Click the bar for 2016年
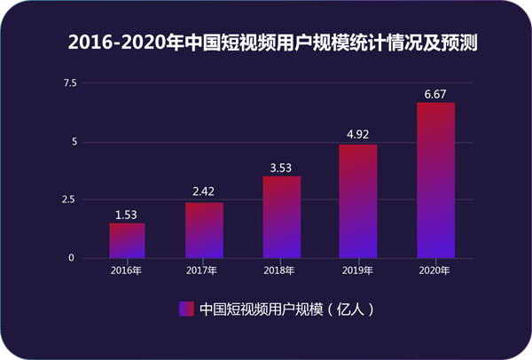tap(127, 240)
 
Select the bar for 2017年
tap(204, 231)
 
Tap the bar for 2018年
tap(281, 217)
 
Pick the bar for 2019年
tap(358, 201)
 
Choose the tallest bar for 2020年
tap(435, 181)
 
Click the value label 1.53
tap(127, 214)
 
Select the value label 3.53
tap(281, 167)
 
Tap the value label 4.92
tap(358, 135)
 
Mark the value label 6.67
tap(435, 93)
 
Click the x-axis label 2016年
tap(127, 270)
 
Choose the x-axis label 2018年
tap(281, 270)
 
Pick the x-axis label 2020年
tap(435, 270)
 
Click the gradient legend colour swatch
tap(186, 309)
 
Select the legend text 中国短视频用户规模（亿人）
tap(279, 309)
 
